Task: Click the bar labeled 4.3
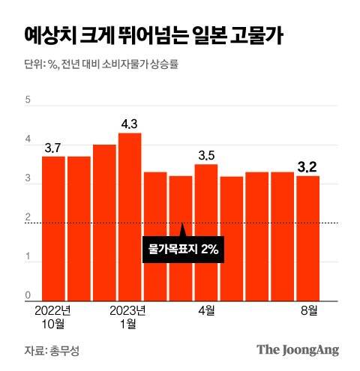coord(130,217)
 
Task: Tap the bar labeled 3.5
coord(206,232)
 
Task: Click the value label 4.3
coord(130,124)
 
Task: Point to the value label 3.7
coord(53,148)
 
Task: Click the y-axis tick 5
coord(28,99)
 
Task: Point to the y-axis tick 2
coord(28,217)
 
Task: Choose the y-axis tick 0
coord(28,295)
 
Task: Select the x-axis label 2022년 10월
coord(53,316)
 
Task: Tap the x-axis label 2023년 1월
coord(129,316)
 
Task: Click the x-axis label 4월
coord(207,310)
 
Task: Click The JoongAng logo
coord(298,349)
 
